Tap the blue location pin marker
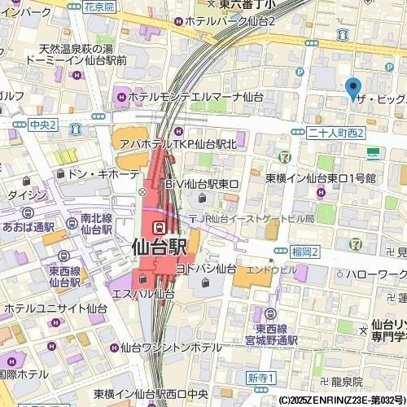point(352,87)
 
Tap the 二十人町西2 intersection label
point(337,133)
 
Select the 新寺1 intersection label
point(263,379)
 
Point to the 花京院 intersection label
point(100,6)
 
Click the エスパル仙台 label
point(140,294)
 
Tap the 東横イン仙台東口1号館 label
point(321,177)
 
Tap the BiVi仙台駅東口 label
point(201,184)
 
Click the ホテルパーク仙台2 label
point(230,20)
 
